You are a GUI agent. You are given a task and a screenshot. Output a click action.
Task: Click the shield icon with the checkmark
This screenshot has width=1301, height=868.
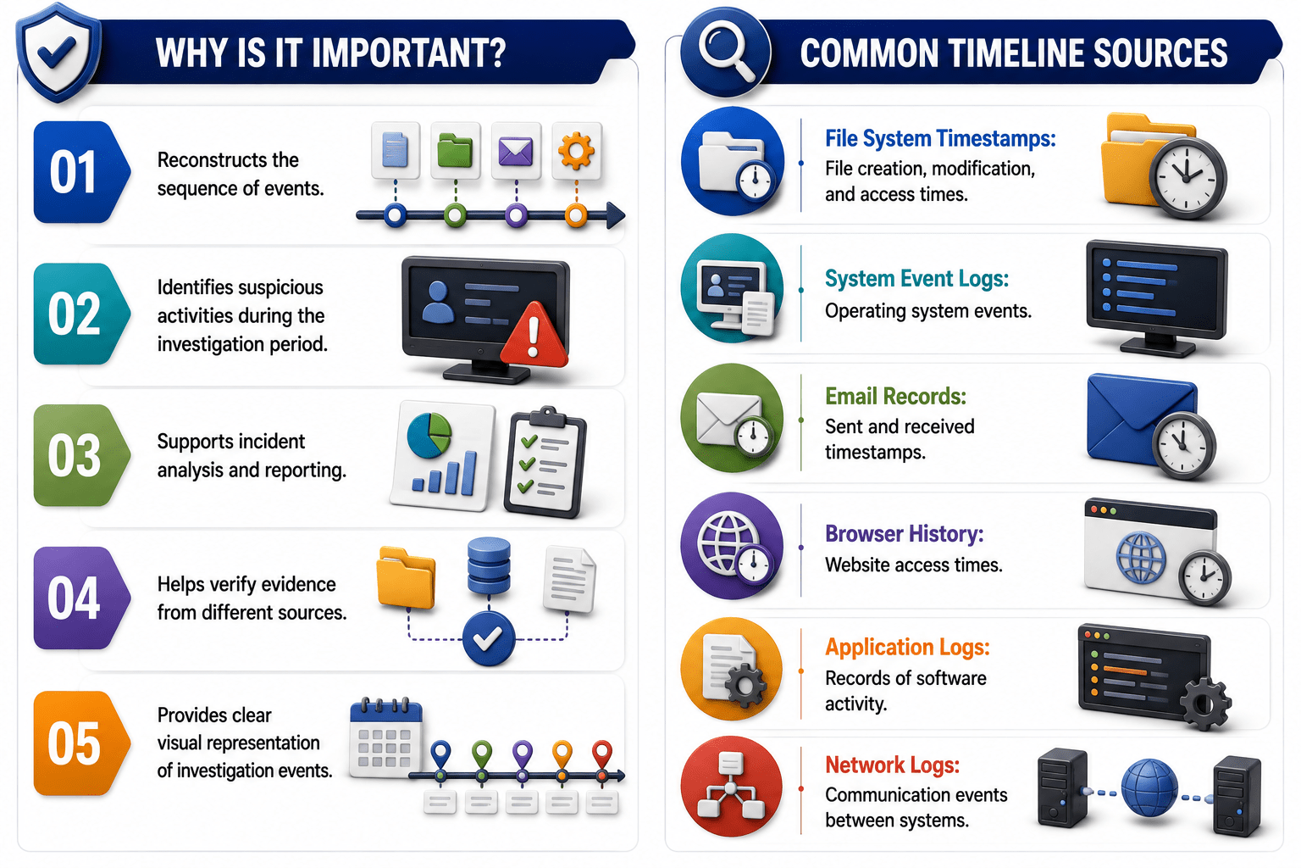tap(58, 53)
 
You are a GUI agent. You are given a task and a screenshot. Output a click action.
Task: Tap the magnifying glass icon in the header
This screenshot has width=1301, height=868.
tap(726, 51)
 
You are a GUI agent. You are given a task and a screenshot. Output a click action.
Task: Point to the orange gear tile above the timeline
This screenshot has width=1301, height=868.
tap(576, 151)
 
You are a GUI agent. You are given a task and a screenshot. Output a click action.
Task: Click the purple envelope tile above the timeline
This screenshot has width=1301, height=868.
tap(516, 151)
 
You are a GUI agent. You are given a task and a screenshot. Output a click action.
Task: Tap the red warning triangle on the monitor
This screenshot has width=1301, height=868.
tap(533, 336)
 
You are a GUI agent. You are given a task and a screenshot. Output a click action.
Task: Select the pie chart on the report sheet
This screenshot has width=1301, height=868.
tap(429, 435)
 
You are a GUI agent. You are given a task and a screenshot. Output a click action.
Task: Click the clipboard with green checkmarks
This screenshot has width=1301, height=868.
tap(545, 462)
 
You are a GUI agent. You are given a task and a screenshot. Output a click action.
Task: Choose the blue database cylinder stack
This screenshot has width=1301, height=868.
tap(489, 565)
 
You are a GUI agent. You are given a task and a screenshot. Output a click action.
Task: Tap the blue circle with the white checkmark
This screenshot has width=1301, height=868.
tap(489, 638)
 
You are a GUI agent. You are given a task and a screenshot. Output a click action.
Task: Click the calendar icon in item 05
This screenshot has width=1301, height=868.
tap(385, 737)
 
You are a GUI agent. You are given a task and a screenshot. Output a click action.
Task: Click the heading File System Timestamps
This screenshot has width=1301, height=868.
tap(940, 138)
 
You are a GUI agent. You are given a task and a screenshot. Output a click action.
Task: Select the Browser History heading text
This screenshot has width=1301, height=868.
tap(905, 533)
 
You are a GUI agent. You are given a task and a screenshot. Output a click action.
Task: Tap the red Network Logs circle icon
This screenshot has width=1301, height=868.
tap(731, 787)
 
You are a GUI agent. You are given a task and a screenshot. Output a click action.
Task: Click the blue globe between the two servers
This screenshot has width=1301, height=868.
tap(1149, 788)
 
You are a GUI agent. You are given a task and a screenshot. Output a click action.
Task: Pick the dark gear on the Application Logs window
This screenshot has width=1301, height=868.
tap(1205, 704)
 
